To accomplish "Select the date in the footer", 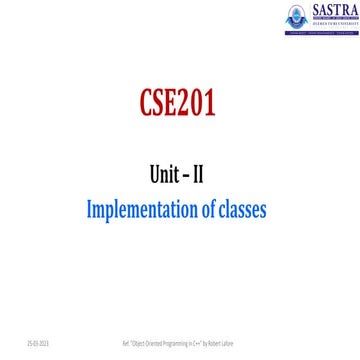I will (21, 341).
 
